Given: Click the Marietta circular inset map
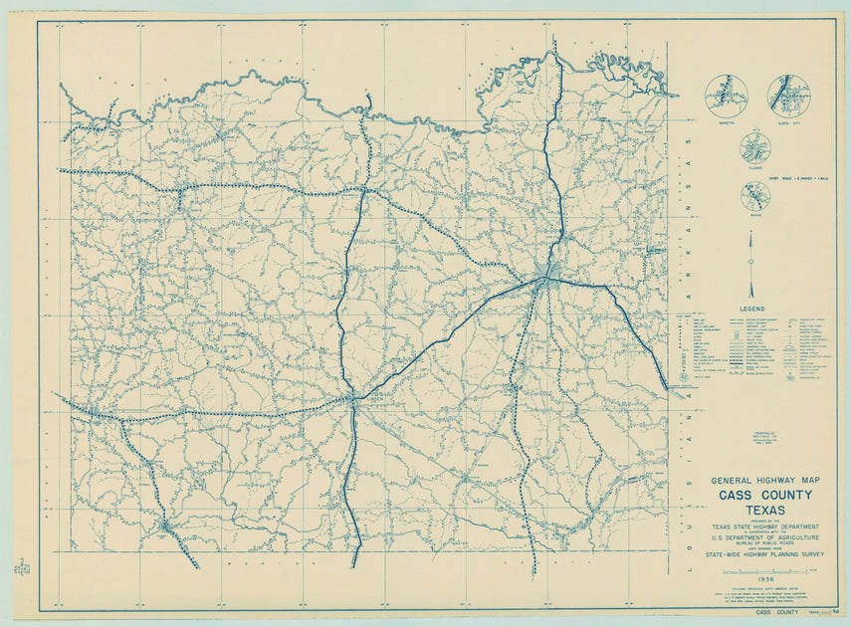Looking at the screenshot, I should point(726,96).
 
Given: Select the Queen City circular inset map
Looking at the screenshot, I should point(788,94).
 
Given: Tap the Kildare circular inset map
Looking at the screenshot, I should point(755,148).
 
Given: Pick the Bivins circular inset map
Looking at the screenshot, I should point(755,195).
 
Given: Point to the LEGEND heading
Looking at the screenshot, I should point(752,310).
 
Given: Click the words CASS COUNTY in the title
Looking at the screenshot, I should point(764,495).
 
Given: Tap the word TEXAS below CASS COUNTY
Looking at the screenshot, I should point(764,511).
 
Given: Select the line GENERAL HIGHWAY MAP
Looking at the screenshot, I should point(764,480).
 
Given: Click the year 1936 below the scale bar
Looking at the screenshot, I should point(764,579).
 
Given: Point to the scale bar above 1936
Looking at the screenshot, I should point(764,570).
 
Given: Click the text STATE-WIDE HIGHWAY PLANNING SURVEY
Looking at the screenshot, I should point(764,555).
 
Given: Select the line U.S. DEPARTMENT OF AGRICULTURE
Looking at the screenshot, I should point(764,537).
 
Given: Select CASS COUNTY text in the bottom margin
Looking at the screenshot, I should point(776,612).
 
